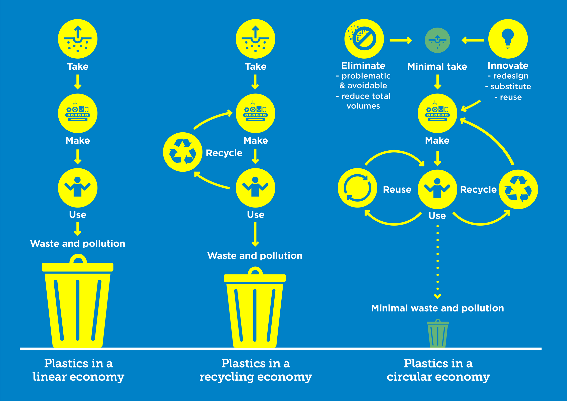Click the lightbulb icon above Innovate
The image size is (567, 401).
pyautogui.click(x=508, y=39)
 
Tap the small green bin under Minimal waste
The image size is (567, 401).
pyautogui.click(x=437, y=334)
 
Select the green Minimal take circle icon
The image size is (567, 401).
pyautogui.click(x=437, y=40)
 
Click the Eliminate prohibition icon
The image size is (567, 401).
pyautogui.click(x=364, y=39)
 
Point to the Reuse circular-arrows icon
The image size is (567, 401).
pyautogui.click(x=357, y=188)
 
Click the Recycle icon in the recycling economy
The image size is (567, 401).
pyautogui.click(x=183, y=152)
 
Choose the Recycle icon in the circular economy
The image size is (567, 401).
pyautogui.click(x=518, y=189)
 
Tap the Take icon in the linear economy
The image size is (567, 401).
pyautogui.click(x=78, y=39)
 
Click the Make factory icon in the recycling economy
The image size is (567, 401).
pyautogui.click(x=255, y=113)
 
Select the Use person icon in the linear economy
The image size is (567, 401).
pyautogui.click(x=78, y=188)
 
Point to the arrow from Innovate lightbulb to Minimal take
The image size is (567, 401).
pyautogui.click(x=473, y=40)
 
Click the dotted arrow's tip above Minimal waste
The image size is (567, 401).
pyautogui.click(x=437, y=296)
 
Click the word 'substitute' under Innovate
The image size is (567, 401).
pyautogui.click(x=511, y=86)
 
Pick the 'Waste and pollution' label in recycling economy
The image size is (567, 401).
pyautogui.click(x=255, y=256)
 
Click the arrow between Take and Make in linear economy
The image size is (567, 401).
pyautogui.click(x=78, y=82)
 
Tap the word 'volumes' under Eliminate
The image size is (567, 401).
pyautogui.click(x=363, y=106)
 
